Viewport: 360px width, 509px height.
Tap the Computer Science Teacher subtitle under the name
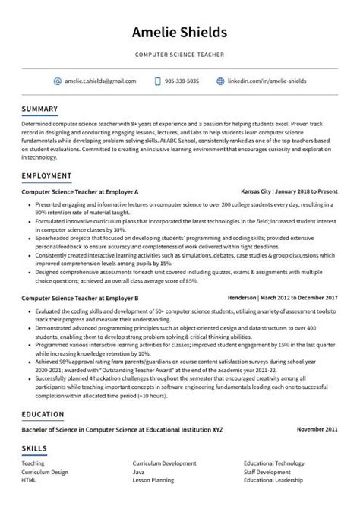(179, 55)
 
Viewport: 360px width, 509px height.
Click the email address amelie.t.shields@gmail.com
(100, 81)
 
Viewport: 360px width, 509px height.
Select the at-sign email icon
(57, 81)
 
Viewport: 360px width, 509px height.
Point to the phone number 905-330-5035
(182, 81)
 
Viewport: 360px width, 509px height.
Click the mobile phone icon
(157, 81)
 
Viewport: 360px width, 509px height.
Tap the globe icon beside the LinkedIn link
(220, 81)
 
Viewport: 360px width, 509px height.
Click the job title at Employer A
(80, 192)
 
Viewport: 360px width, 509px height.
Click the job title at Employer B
(80, 299)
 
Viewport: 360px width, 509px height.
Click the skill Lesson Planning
(153, 481)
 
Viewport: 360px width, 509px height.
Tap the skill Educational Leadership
(274, 481)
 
